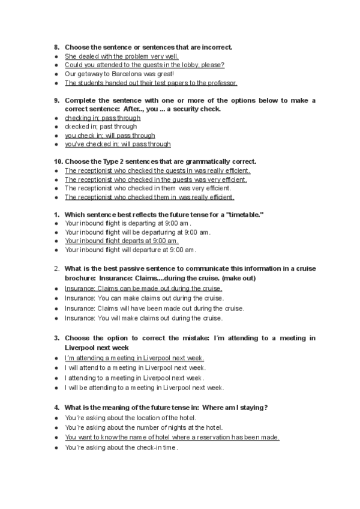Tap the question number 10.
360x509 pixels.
tap(58, 161)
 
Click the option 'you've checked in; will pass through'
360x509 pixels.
tap(118, 144)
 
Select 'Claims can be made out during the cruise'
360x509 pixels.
tap(143, 289)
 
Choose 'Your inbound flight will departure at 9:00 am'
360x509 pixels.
tap(130, 250)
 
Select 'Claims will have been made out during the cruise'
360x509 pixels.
tap(154, 309)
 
